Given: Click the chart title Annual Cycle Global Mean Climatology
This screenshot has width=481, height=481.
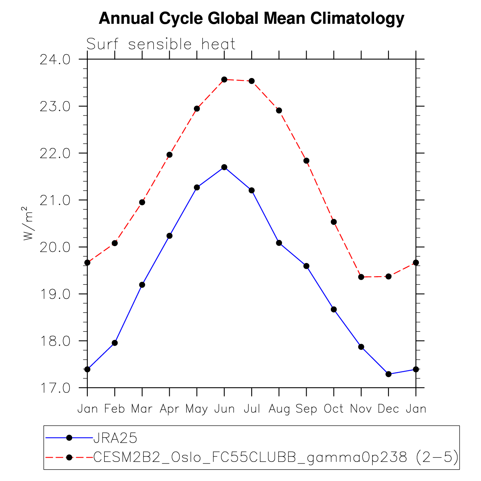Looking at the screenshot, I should click(252, 19).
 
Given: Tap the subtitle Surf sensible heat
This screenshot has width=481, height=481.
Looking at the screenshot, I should click(161, 44).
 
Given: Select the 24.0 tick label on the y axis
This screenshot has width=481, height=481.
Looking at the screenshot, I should click(55, 60).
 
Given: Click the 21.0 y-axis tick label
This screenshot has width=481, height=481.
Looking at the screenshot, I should click(55, 201).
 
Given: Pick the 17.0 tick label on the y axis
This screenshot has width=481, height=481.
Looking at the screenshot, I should click(55, 388).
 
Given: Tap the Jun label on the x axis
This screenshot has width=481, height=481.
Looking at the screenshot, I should click(224, 409).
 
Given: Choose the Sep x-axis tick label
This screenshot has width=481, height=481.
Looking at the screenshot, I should click(306, 409).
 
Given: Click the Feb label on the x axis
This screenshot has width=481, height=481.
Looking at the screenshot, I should click(115, 409).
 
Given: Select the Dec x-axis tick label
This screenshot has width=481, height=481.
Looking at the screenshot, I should click(389, 409).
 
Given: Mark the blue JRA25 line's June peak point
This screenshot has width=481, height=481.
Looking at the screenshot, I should click(224, 167).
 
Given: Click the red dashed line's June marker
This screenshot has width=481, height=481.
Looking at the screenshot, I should click(224, 80).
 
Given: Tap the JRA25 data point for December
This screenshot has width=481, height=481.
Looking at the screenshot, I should click(389, 374).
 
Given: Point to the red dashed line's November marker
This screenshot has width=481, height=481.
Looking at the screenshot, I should click(361, 277).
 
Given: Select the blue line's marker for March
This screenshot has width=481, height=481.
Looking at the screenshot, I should click(142, 285).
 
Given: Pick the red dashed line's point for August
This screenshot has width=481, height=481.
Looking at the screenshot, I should click(279, 110).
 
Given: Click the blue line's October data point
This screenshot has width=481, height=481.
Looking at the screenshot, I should click(334, 309).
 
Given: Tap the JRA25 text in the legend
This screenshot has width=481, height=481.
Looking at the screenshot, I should click(115, 438).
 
